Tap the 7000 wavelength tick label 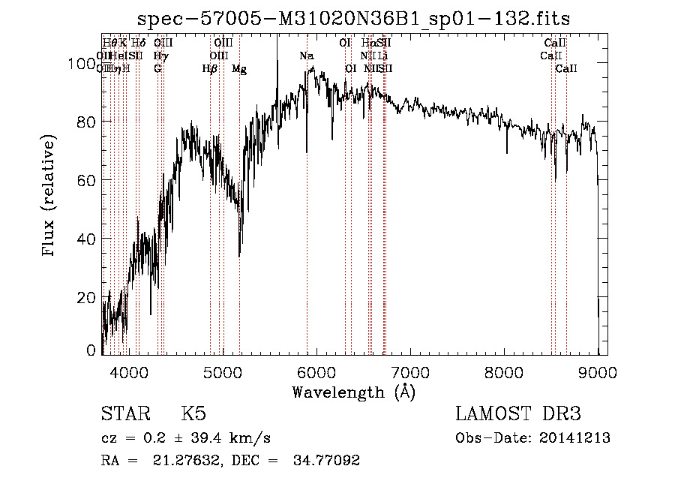[x=410, y=371]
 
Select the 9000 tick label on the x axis [x=598, y=371]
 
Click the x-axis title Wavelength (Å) [x=353, y=392]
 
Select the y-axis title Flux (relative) [x=50, y=197]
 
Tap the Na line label [x=307, y=56]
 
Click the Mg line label [x=239, y=69]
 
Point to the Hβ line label [x=210, y=69]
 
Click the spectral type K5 [x=193, y=414]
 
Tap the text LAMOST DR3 [x=517, y=414]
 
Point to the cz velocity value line [x=186, y=438]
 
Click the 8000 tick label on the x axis [x=504, y=371]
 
